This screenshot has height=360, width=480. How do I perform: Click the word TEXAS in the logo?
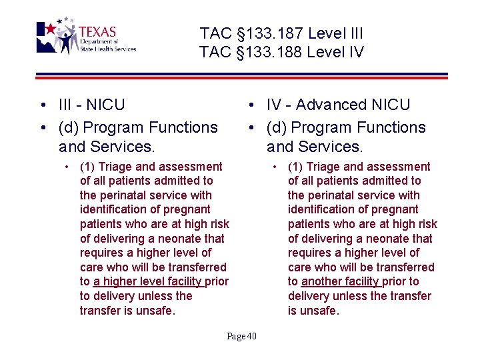(97, 32)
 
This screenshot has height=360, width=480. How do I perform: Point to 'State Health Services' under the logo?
(107, 49)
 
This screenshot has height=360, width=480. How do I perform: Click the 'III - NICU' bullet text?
(91, 105)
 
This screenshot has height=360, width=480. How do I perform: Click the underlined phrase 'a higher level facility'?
(148, 281)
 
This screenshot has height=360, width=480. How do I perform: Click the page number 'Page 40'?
(241, 336)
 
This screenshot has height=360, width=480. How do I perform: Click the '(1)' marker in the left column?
(87, 166)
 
